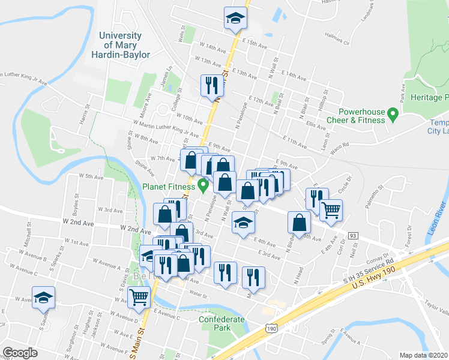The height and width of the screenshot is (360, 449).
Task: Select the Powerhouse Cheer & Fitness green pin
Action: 393,113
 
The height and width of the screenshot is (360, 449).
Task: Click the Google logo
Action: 20,353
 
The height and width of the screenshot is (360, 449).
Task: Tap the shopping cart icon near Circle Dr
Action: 331,210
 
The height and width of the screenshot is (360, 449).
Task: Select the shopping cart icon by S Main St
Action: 139,296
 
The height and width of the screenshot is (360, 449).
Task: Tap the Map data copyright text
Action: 423,355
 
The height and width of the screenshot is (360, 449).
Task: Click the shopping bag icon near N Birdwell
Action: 299,222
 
